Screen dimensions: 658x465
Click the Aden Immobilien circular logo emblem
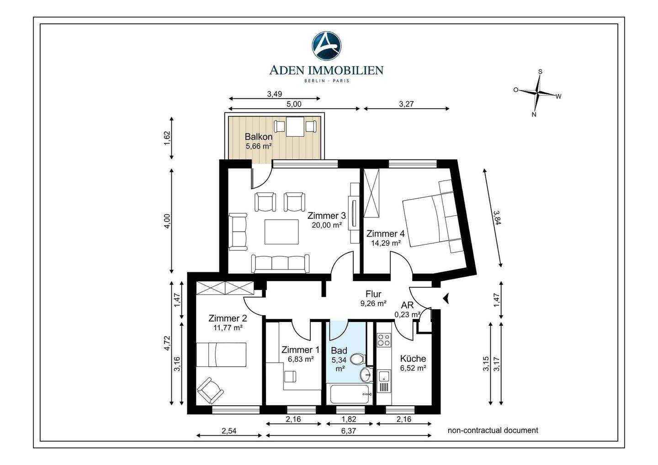[x=326, y=46]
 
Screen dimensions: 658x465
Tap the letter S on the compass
[x=540, y=72]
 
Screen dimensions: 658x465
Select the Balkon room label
[x=259, y=137]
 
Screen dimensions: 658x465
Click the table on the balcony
[x=295, y=127]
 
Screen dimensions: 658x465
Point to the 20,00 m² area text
[x=327, y=225]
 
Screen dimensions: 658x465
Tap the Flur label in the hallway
[x=373, y=294]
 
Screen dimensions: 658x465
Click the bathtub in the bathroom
[x=350, y=394]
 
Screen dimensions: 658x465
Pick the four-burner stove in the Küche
[x=384, y=340]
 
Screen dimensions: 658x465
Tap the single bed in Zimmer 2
[x=221, y=354]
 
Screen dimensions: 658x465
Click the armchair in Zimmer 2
[x=210, y=391]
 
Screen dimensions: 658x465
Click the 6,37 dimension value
[x=349, y=431]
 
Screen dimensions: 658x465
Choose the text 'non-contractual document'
[x=493, y=430]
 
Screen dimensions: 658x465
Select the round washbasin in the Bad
[x=366, y=374]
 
